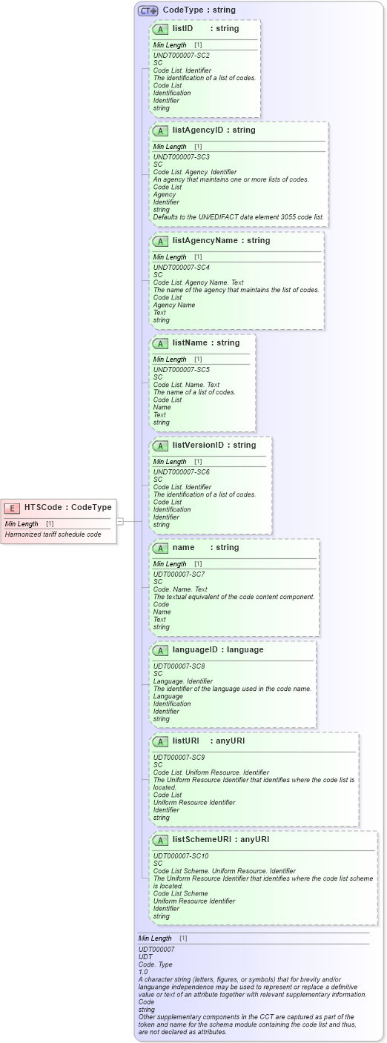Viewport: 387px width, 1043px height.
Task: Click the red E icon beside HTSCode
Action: (x=12, y=508)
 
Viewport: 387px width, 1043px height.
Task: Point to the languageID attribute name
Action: (x=197, y=649)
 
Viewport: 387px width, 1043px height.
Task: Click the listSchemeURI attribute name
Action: (x=201, y=839)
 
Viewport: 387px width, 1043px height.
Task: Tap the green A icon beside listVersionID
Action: (x=160, y=446)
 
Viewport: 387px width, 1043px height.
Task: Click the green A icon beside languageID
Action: (x=160, y=650)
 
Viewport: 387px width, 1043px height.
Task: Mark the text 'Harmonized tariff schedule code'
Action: (x=53, y=534)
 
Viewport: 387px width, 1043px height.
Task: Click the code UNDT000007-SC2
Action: (x=181, y=56)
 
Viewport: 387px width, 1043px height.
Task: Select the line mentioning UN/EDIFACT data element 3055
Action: (x=238, y=217)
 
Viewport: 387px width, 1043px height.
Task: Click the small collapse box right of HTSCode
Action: (x=119, y=521)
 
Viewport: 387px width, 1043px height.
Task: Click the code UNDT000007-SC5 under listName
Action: (x=181, y=370)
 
